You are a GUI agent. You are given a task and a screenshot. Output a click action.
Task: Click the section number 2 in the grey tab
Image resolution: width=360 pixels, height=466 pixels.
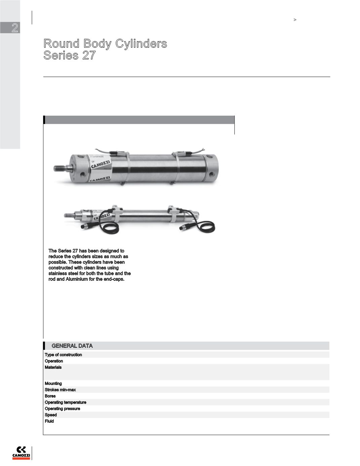14,28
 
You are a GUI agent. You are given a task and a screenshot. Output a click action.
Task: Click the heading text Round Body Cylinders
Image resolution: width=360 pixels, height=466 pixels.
105,43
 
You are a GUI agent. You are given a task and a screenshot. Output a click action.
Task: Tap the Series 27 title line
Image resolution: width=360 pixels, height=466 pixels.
70,55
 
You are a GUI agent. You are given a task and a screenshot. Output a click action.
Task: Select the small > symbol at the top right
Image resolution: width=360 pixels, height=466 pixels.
295,20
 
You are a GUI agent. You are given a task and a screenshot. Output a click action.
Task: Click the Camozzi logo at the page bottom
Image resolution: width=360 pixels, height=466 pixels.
21,453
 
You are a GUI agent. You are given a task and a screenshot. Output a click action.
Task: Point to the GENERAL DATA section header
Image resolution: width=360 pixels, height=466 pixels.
72,346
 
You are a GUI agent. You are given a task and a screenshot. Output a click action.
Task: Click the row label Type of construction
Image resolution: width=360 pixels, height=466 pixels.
63,355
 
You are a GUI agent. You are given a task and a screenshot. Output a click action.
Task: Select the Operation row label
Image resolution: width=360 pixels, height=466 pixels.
54,361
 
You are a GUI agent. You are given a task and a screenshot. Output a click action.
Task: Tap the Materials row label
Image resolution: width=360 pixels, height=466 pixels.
53,367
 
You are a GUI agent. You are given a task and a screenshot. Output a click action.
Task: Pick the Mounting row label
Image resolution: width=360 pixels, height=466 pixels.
53,383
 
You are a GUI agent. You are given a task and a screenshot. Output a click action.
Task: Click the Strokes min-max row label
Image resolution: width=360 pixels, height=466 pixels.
60,390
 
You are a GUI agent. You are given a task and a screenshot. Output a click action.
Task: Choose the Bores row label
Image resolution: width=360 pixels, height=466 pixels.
50,396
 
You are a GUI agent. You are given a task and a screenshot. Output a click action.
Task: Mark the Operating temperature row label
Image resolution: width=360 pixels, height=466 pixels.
66,402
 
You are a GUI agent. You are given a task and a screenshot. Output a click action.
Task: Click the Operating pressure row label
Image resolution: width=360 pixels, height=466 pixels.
63,409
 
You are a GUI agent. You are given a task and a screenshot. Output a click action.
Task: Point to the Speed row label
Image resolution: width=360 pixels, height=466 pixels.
51,415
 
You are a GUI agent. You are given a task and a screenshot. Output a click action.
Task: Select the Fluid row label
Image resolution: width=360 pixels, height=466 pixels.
49,421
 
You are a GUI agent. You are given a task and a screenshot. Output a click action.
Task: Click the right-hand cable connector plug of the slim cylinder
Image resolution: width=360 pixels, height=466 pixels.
185,229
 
